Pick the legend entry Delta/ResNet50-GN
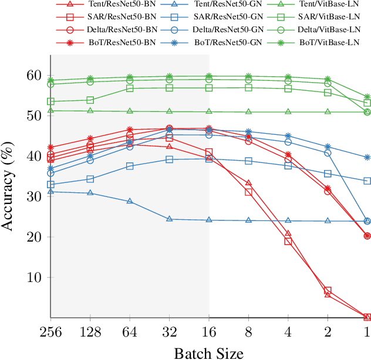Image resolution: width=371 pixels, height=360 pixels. point(227,29)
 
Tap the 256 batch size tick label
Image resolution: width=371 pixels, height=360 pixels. point(50,332)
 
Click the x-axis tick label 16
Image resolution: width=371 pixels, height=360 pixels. point(209,332)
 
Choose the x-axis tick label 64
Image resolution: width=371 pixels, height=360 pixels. point(130,332)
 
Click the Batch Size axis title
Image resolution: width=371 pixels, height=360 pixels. point(208,352)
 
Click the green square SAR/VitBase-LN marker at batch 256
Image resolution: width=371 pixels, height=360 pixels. point(50,101)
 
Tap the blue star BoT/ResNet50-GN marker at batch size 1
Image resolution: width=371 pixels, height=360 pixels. point(367,157)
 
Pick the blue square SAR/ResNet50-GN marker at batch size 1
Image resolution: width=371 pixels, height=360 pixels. point(367,181)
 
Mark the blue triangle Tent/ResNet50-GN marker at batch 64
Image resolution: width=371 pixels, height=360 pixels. point(130,201)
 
